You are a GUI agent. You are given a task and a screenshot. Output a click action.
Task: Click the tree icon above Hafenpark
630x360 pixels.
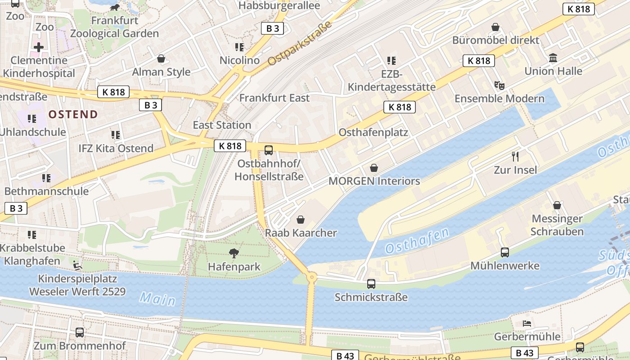pos(234,253)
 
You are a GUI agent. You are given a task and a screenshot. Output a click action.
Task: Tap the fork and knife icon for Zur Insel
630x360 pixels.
pos(515,157)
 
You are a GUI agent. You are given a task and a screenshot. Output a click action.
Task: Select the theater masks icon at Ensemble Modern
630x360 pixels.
pos(499,85)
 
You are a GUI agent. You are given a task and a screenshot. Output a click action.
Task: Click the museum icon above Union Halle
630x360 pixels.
pos(553,58)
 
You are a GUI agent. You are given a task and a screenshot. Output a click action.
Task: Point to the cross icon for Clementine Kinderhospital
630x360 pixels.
pos(39,47)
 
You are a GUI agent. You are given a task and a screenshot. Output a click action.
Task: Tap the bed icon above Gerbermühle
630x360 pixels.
pos(527,323)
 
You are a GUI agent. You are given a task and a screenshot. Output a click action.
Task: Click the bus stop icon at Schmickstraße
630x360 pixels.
pos(371,284)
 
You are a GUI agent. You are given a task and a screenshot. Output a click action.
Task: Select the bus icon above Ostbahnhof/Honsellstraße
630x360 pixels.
pos(269,150)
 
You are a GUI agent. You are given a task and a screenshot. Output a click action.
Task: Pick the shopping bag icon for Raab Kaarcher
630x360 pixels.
pos(301,220)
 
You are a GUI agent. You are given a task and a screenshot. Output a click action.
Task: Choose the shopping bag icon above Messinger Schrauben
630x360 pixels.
pos(557,205)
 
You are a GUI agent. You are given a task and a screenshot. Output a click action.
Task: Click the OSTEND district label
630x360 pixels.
pos(73,114)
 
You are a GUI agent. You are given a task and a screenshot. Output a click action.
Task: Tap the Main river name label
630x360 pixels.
pos(157,298)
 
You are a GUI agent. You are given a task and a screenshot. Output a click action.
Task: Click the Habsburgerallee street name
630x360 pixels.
pos(279,6)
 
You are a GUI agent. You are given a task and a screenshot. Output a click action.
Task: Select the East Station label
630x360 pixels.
pos(222,125)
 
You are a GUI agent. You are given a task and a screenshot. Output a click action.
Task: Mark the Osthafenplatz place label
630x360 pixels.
pos(373,132)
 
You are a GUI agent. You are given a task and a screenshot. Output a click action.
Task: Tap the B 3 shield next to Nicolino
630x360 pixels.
pos(272,28)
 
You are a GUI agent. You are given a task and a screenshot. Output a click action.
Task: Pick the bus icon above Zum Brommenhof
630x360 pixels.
pos(80,333)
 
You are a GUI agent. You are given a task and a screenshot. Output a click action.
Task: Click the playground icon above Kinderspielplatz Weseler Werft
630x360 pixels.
pos(78,265)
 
